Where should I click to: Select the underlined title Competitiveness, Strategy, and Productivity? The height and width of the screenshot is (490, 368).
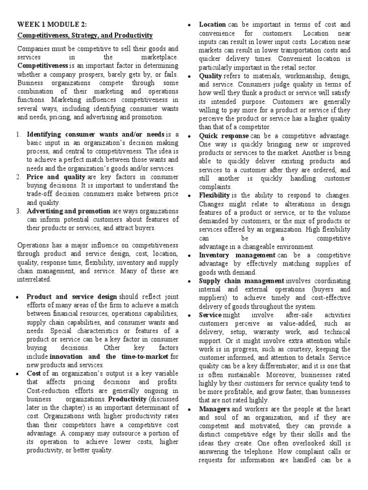tap(85, 35)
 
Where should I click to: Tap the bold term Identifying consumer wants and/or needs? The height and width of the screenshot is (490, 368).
tap(95, 134)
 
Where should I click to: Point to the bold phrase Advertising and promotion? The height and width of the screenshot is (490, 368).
tap(69, 211)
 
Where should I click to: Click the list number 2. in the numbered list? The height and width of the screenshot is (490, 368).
tap(20, 177)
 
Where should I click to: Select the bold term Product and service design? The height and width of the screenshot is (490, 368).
tap(71, 297)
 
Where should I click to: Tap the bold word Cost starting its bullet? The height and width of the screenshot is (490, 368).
tap(34, 374)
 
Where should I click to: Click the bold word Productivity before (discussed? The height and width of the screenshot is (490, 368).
tap(127, 399)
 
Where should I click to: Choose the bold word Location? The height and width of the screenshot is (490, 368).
tap(213, 24)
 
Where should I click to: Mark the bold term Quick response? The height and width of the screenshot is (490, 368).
tap(224, 136)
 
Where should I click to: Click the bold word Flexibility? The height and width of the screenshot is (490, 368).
tap(215, 195)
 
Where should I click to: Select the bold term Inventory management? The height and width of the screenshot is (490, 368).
tap(237, 255)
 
